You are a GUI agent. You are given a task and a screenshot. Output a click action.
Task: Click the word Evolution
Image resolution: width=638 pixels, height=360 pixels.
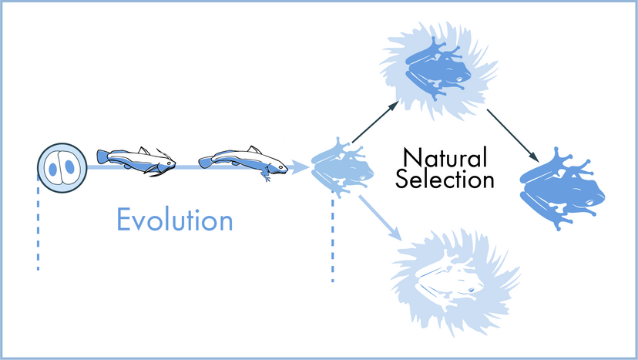tap(174, 220)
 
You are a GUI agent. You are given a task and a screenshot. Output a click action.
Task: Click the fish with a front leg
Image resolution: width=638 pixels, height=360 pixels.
tap(242, 163)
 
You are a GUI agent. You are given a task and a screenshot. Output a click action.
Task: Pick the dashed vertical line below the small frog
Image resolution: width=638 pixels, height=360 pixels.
tap(333, 239)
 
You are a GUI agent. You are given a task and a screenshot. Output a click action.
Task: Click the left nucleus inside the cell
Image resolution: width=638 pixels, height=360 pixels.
tap(55, 167)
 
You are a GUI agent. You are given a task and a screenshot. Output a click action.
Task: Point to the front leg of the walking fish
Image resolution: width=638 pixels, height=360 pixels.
tap(267, 176)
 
